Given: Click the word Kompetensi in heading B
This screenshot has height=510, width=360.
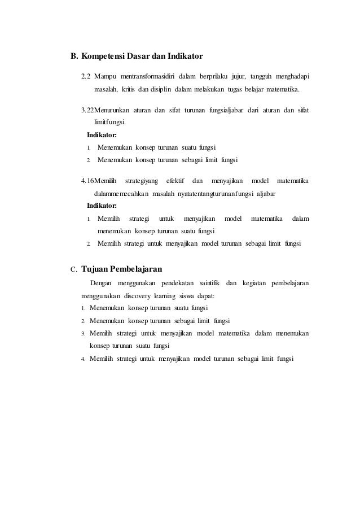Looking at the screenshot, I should tap(103, 57).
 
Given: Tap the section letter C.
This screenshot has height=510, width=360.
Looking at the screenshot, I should tap(73, 269).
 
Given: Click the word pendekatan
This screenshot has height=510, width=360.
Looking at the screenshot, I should tap(169, 282).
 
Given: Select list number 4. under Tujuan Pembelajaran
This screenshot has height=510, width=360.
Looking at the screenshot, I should tap(83, 359).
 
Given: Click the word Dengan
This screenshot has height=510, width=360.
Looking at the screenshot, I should tap(101, 282).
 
